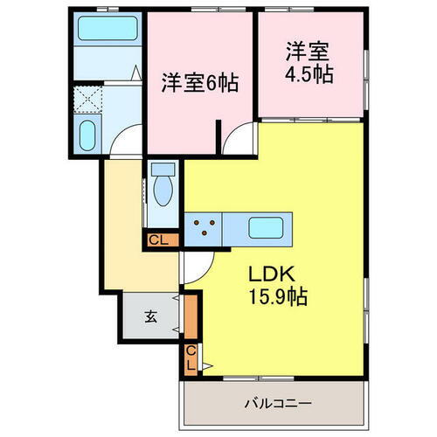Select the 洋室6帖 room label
tap(199, 85)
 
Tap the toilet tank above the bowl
tap(163, 170)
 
